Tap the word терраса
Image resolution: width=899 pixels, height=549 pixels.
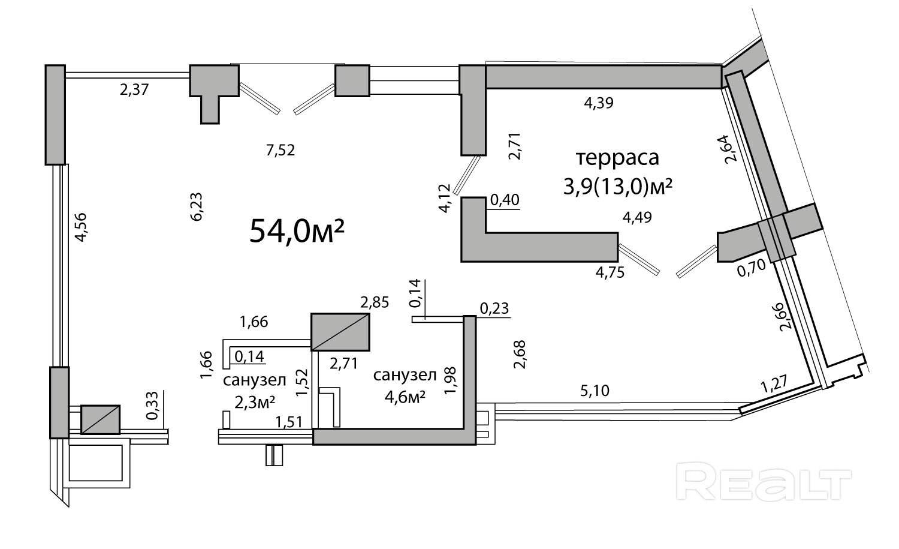(617, 158)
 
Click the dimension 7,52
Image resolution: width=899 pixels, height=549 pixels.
(280, 150)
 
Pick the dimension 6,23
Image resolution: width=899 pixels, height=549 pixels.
(197, 207)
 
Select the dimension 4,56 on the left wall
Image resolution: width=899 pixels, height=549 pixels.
(81, 227)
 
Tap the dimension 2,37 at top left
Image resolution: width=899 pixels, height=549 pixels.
(134, 91)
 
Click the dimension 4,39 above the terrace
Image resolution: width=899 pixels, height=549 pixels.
(599, 103)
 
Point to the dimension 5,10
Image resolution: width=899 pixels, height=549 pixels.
(595, 391)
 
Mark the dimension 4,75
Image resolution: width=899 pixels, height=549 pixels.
(610, 272)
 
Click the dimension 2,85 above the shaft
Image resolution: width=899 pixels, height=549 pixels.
(375, 302)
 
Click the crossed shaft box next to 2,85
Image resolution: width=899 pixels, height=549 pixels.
(340, 332)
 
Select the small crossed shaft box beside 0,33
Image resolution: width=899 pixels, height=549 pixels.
(100, 419)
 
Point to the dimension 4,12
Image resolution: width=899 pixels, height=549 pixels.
(444, 199)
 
